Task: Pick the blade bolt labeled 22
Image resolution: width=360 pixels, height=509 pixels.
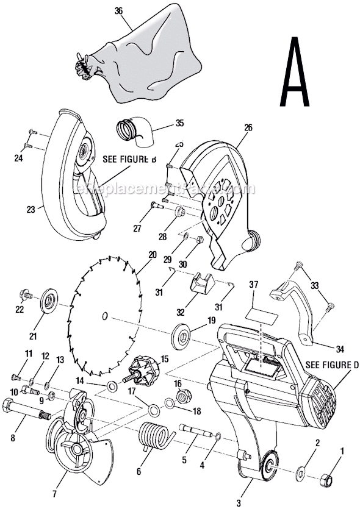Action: tap(26, 294)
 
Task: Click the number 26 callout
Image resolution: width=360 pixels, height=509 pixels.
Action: tap(247, 128)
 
